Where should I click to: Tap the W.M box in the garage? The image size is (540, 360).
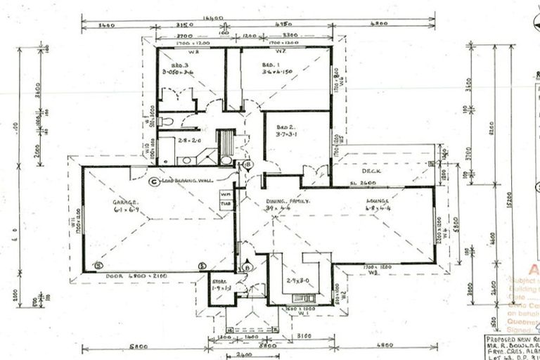point(226,194)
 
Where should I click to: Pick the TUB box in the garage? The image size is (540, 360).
point(226,204)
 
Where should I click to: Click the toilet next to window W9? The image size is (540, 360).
point(165,122)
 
